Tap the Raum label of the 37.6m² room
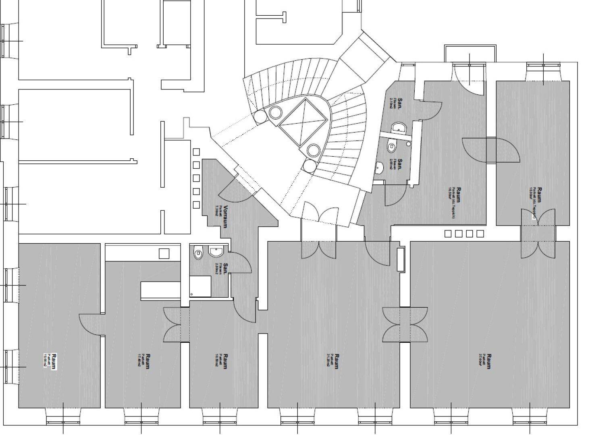489,361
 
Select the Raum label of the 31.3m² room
337,361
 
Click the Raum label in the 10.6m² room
225,361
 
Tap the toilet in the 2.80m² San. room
198,253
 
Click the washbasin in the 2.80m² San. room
216,252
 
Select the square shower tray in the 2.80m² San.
201,286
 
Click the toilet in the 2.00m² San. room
391,147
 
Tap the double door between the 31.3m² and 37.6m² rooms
405,324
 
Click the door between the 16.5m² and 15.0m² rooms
490,150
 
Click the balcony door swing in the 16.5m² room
470,79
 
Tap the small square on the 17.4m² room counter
164,253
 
